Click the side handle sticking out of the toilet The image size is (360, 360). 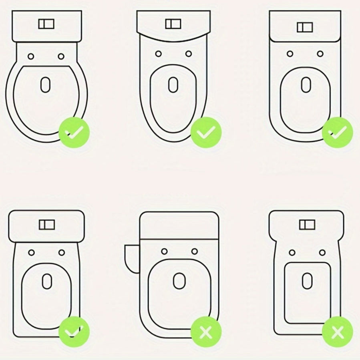click(x=131, y=258)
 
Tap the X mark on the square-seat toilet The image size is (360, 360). click(x=338, y=332)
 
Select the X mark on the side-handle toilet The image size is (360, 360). click(x=206, y=332)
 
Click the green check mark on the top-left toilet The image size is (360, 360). click(x=74, y=132)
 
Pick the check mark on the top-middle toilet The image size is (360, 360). click(x=206, y=132)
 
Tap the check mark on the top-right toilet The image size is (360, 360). click(x=338, y=132)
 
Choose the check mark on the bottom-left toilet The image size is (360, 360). click(x=74, y=332)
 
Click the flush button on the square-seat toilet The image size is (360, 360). click(x=307, y=225)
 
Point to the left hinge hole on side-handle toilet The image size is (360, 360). click(x=164, y=251)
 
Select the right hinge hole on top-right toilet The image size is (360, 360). click(x=320, y=54)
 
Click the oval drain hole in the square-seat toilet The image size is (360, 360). click(x=307, y=280)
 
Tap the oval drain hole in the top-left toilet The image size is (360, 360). click(x=46, y=84)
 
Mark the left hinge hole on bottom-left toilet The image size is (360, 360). click(x=31, y=253)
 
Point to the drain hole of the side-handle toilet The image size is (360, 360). click(x=179, y=281)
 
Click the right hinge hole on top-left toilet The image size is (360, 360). click(x=61, y=56)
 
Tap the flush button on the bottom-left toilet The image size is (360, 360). click(x=46, y=225)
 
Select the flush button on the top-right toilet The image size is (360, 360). click(x=305, y=27)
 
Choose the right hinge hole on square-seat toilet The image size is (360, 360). click(x=322, y=252)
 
